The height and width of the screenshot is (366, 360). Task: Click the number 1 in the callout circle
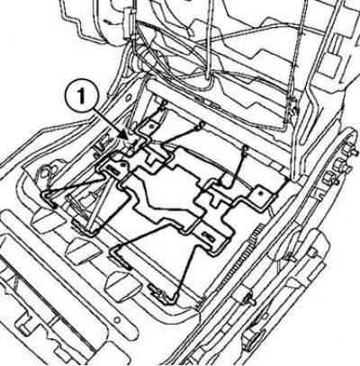82,97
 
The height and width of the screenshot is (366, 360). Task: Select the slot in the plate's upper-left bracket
112,170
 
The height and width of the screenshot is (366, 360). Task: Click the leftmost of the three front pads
46,220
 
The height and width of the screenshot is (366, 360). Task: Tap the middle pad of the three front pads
84,251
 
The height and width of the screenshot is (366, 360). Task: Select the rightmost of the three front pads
122,283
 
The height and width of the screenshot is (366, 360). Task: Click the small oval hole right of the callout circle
129,98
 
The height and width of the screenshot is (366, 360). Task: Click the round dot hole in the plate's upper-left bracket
122,164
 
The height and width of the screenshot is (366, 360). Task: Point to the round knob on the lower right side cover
314,253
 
